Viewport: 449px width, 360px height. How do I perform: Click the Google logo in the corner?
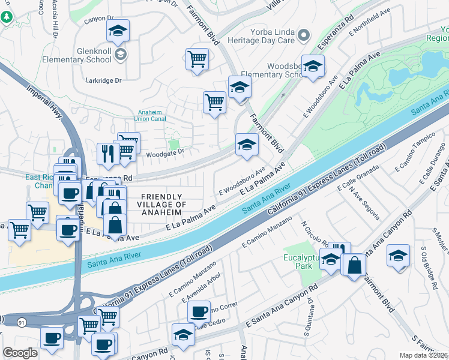tap(20, 353)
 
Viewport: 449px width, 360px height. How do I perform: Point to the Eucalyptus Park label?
tap(303, 264)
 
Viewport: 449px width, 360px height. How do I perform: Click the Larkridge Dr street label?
tap(103, 80)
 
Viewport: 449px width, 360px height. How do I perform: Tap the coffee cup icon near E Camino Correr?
tap(199, 311)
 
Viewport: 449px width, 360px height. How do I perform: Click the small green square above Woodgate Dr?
tap(174, 144)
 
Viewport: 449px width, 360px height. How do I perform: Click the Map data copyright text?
tap(424, 355)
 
